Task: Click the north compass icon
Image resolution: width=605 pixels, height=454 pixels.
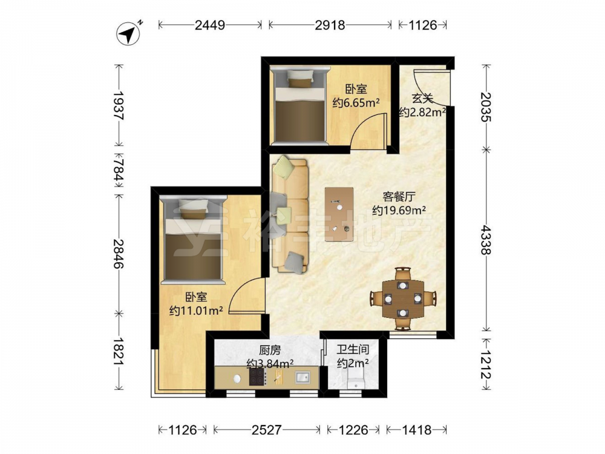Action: pos(128,34)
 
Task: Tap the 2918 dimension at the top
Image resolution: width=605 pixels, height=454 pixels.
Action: pos(330,25)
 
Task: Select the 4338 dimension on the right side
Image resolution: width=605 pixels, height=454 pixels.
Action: pos(486,240)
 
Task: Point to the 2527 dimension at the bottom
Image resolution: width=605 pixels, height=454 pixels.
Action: pos(266,430)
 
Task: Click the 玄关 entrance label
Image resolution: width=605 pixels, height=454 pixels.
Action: pos(422,99)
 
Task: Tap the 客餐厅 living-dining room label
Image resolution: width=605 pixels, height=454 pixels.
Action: pos(399,197)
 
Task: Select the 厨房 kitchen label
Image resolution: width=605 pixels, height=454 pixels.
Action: pos(270,350)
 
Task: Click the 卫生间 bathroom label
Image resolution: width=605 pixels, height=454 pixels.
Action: pos(353,350)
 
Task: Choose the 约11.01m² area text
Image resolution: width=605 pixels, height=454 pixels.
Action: pos(196,310)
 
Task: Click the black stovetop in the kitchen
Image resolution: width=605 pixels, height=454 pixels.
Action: pos(257,377)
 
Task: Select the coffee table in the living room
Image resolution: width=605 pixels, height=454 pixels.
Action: pos(339,214)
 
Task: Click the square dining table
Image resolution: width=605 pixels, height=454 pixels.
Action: pos(403,299)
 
